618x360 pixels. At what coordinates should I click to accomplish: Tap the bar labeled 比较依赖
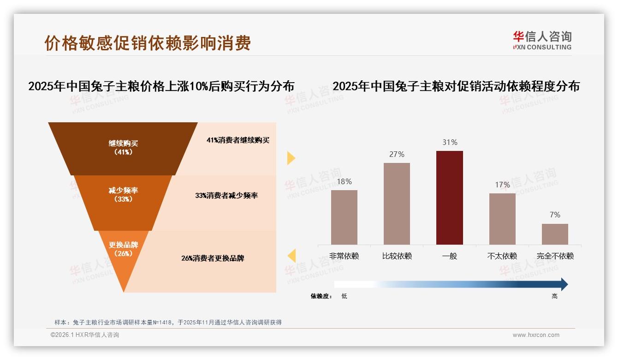(397, 204)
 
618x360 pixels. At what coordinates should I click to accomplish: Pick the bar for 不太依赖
(502, 219)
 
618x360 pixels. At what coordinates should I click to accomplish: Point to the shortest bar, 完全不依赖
(555, 234)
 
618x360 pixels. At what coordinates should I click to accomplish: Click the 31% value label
(450, 143)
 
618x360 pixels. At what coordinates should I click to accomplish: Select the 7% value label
(555, 215)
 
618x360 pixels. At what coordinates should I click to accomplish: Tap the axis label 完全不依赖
(555, 256)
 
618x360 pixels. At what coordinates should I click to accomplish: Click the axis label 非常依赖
(344, 256)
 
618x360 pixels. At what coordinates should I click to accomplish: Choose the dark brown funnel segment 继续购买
(123, 148)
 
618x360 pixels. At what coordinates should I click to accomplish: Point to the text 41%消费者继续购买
(238, 140)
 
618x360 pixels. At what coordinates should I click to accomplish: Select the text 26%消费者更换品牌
(213, 258)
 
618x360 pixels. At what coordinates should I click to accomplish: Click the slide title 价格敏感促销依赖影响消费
(148, 43)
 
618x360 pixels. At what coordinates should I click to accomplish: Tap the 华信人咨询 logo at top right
(542, 40)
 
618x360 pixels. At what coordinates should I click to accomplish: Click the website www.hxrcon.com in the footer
(536, 335)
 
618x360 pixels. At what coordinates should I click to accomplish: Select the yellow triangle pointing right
(291, 158)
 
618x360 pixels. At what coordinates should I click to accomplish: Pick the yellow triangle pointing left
(291, 256)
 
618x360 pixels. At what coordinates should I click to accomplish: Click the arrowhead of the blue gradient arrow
(564, 284)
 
